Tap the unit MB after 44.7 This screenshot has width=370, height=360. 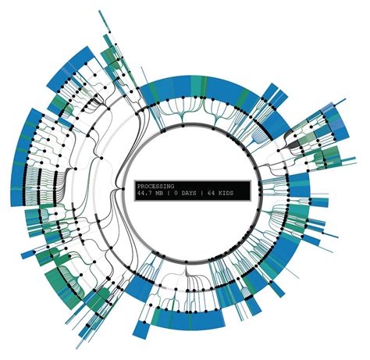click(x=162, y=194)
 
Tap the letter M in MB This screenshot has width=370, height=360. click(x=160, y=194)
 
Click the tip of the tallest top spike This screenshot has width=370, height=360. click(x=101, y=11)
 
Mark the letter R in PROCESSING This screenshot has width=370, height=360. click(x=142, y=187)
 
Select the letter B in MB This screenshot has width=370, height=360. click(x=164, y=194)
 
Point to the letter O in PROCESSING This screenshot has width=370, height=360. click(x=146, y=187)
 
